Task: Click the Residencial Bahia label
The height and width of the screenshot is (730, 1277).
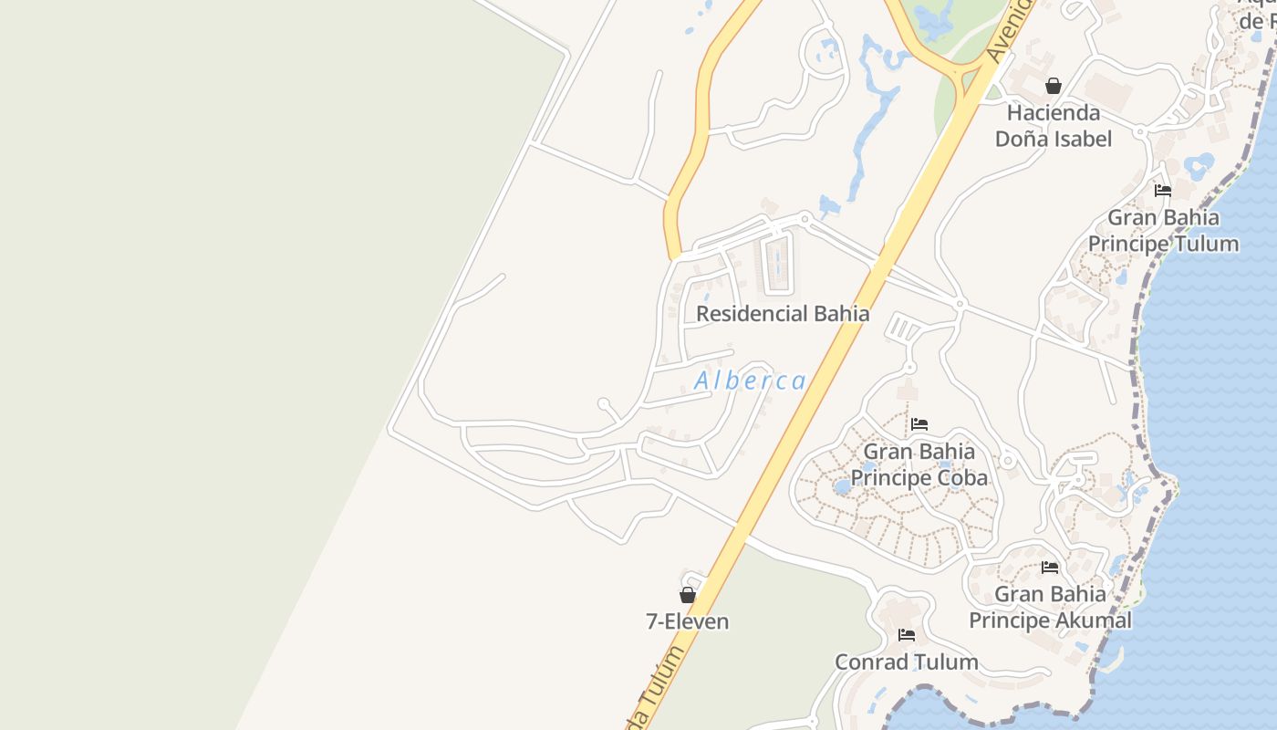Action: [782, 314]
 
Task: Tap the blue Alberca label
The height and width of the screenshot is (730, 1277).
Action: [750, 381]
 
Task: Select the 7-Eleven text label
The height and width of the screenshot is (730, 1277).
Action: [687, 622]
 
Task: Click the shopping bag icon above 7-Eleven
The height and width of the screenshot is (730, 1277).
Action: [688, 595]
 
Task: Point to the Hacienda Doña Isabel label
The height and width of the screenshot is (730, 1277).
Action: [1054, 126]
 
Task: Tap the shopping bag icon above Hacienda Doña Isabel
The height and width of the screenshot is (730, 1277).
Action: [1054, 86]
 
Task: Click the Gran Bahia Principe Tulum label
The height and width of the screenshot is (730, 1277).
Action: [1163, 231]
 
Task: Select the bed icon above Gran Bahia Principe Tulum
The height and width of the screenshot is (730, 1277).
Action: [1163, 191]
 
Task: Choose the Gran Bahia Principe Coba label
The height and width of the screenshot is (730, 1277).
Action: [919, 464]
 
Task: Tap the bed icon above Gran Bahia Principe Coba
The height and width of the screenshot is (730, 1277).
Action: [919, 424]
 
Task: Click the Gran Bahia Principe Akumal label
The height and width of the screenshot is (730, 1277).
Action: [1050, 607]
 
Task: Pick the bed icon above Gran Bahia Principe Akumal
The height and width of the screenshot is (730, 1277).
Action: [1050, 567]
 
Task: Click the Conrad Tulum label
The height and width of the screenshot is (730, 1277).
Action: [906, 662]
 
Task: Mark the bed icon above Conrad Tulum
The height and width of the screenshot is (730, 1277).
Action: [906, 634]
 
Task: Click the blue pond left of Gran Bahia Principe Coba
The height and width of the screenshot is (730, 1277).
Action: [842, 486]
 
